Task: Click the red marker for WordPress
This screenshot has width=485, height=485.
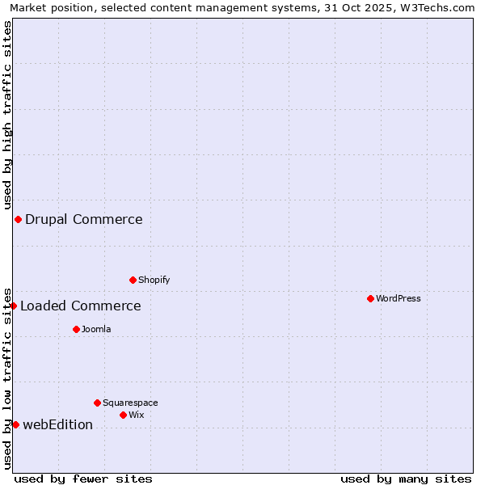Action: pyautogui.click(x=370, y=298)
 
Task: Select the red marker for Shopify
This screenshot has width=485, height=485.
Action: pyautogui.click(x=133, y=280)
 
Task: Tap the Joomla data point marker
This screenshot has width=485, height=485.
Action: pyautogui.click(x=76, y=329)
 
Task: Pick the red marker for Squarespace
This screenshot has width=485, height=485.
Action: pyautogui.click(x=97, y=403)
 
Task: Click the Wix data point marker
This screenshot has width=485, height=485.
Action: pyautogui.click(x=123, y=415)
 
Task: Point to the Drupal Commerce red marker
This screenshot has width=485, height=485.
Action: pyautogui.click(x=18, y=219)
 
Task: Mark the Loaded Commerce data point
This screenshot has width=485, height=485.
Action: pyautogui.click(x=14, y=306)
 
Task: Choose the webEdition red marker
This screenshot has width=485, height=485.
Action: pyautogui.click(x=15, y=424)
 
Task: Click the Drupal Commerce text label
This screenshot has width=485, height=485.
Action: pyautogui.click(x=84, y=219)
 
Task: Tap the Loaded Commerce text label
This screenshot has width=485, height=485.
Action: pyautogui.click(x=81, y=306)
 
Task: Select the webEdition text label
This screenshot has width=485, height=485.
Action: pyautogui.click(x=58, y=424)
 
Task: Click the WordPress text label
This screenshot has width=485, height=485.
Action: pyautogui.click(x=399, y=298)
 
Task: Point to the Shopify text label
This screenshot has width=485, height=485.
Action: pyautogui.click(x=154, y=280)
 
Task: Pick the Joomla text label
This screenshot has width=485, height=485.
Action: pyautogui.click(x=96, y=329)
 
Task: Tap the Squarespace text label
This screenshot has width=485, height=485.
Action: pyautogui.click(x=130, y=403)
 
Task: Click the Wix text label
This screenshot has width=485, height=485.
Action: pyautogui.click(x=137, y=415)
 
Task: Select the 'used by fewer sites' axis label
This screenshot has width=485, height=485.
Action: pyautogui.click(x=83, y=479)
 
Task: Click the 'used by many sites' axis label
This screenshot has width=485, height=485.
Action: pyautogui.click(x=406, y=479)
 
